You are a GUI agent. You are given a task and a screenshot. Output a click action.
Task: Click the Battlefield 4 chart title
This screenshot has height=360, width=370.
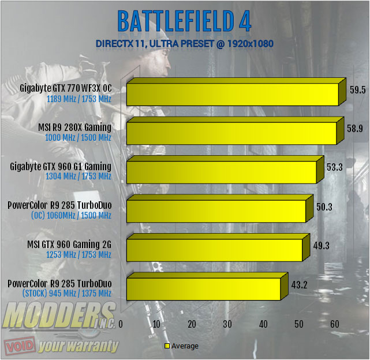pyautogui.click(x=184, y=21)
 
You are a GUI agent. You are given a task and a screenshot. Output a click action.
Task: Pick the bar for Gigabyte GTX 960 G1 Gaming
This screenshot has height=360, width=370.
pyautogui.click(x=221, y=172)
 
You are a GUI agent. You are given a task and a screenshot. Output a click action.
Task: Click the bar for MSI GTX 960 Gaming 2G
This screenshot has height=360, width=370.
pyautogui.click(x=214, y=249)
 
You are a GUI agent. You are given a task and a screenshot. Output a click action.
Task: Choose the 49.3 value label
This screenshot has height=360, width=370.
pyautogui.click(x=322, y=245)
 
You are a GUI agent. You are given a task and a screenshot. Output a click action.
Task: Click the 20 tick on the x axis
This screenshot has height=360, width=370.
pyautogui.click(x=192, y=325)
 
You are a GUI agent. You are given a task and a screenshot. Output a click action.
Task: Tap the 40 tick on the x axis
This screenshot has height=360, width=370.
pyautogui.click(x=263, y=325)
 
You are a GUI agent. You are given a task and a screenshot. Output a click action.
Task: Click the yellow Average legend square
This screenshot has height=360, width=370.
pyautogui.click(x=167, y=346)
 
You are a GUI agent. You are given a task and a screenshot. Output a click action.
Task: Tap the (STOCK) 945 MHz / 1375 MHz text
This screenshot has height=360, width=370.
pyautogui.click(x=66, y=294)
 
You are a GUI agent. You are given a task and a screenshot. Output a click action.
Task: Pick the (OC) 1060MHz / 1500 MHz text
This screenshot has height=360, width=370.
pyautogui.click(x=70, y=216)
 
